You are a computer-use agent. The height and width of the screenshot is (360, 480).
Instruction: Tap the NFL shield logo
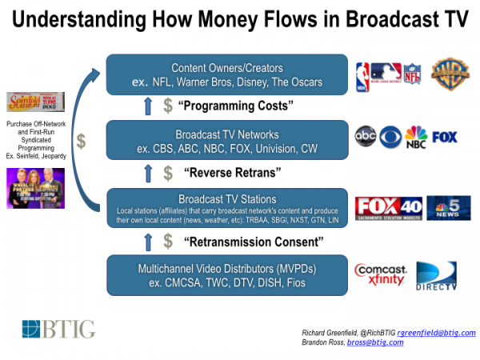pos(412,74)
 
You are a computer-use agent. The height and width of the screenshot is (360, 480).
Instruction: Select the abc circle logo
pos(366,137)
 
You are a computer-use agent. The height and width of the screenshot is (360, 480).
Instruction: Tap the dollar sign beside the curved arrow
pos(81,141)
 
